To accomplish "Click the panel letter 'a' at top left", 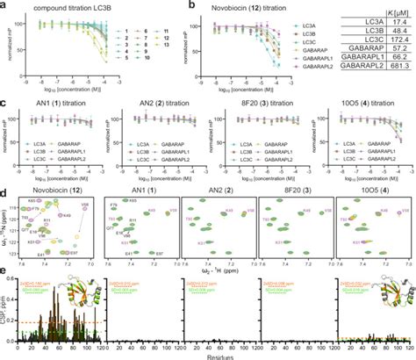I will (4, 5).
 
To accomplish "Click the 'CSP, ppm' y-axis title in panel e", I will (6, 307).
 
